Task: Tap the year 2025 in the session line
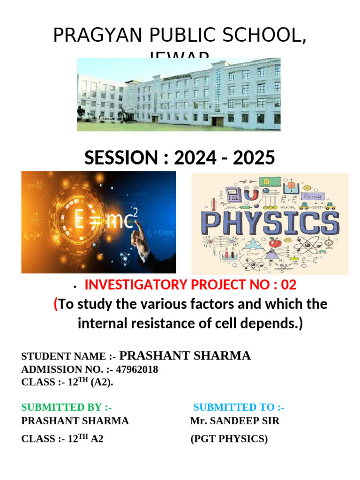tap(252, 158)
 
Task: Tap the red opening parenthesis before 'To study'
tap(56, 305)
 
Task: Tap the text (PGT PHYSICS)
tap(229, 439)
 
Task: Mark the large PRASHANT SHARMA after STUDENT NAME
tap(188, 356)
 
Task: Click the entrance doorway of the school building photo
tap(215, 120)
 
